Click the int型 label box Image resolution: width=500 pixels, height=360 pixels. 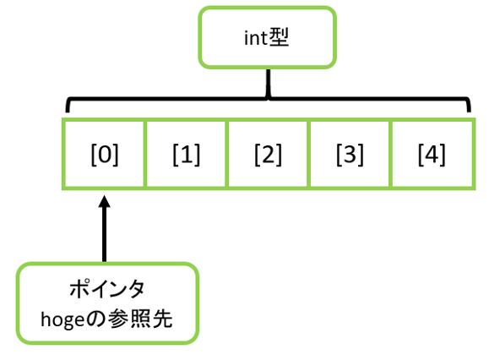point(266,38)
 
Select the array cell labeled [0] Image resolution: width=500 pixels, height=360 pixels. point(105,155)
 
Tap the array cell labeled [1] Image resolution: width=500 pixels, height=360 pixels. point(186,155)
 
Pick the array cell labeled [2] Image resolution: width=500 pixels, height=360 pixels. point(268,155)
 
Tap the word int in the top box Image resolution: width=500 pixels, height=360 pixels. point(255,39)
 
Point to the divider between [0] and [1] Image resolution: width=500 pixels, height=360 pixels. point(145,155)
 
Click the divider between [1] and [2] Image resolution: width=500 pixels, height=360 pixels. point(227,155)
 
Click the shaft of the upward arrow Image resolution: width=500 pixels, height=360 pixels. point(105,237)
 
